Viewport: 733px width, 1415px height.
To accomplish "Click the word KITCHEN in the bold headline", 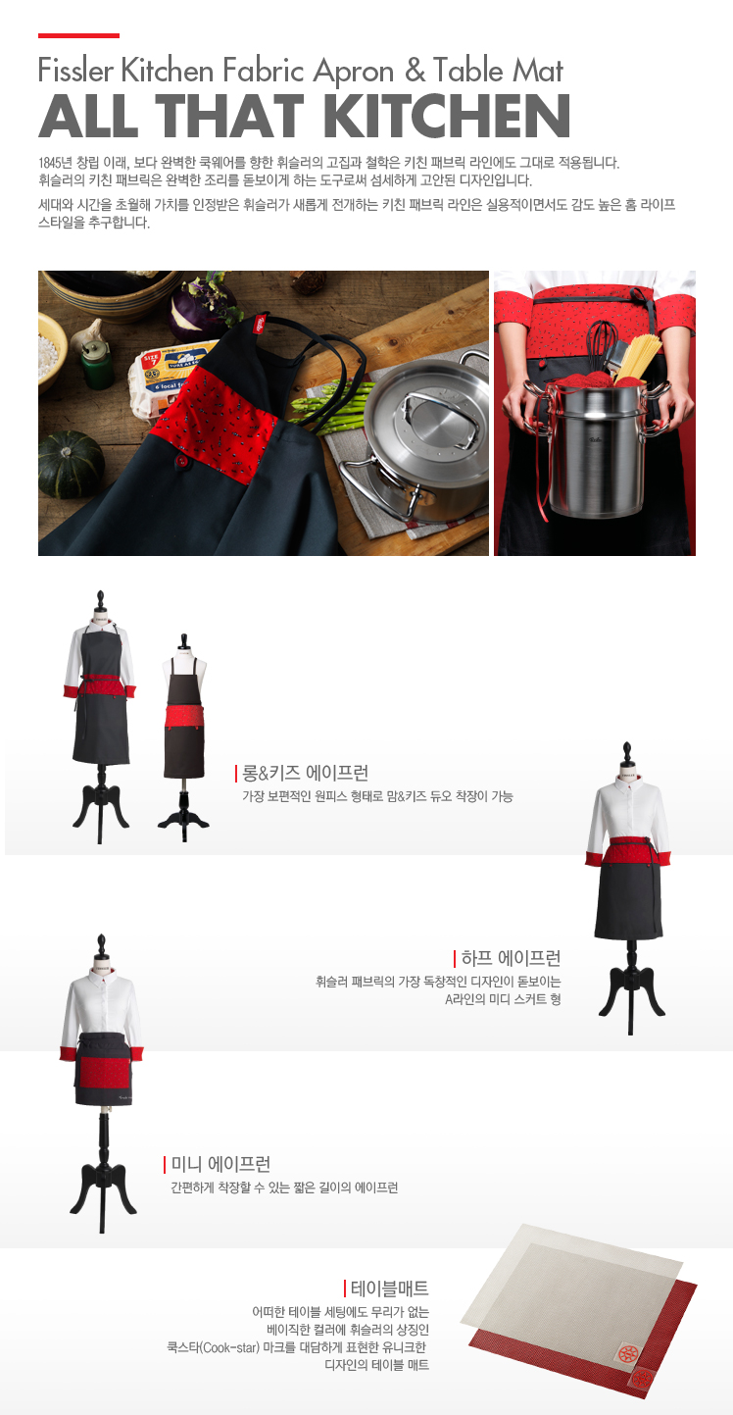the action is coord(447,116).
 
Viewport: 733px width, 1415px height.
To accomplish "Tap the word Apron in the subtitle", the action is coord(354,71).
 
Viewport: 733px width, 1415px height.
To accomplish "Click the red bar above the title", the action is coord(78,35).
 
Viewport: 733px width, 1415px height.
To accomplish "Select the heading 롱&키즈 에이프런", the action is coord(306,773).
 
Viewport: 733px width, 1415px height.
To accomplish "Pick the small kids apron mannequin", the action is coord(183,735).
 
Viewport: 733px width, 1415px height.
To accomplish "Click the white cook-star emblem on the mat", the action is coord(627,1353).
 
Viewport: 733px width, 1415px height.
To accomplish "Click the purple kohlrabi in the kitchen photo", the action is coord(198,310).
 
